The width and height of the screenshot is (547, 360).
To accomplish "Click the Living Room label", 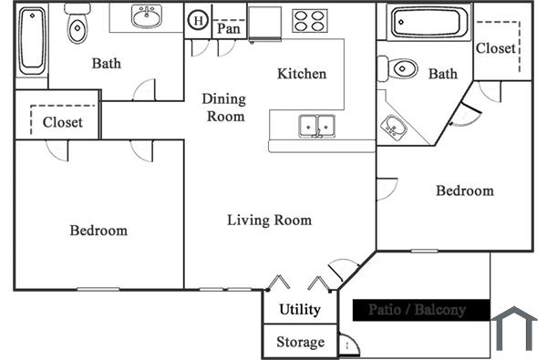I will [269, 220].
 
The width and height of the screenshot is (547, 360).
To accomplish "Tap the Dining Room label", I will [223, 108].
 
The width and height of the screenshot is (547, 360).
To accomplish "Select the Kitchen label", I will [302, 74].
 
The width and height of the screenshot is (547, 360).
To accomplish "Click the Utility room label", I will [300, 310].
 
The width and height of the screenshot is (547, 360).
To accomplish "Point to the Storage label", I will [300, 343].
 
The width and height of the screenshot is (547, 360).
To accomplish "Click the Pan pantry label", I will [228, 29].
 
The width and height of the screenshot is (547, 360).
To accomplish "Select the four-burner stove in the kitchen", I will [310, 20].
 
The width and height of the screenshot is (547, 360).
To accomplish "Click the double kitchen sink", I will [316, 125].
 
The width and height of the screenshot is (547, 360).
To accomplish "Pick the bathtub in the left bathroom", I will [31, 42].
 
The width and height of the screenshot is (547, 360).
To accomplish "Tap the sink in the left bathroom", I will [145, 16].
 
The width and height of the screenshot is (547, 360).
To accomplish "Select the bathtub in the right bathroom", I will [428, 23].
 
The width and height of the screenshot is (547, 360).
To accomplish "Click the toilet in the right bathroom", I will [400, 69].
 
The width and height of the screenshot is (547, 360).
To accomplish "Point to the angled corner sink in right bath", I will [396, 127].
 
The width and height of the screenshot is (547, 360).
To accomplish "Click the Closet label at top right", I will [496, 48].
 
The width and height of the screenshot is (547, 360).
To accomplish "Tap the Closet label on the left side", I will [63, 121].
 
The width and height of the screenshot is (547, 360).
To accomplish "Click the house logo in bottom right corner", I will [514, 329].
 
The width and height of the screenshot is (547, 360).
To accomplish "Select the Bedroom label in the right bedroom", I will [464, 190].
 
